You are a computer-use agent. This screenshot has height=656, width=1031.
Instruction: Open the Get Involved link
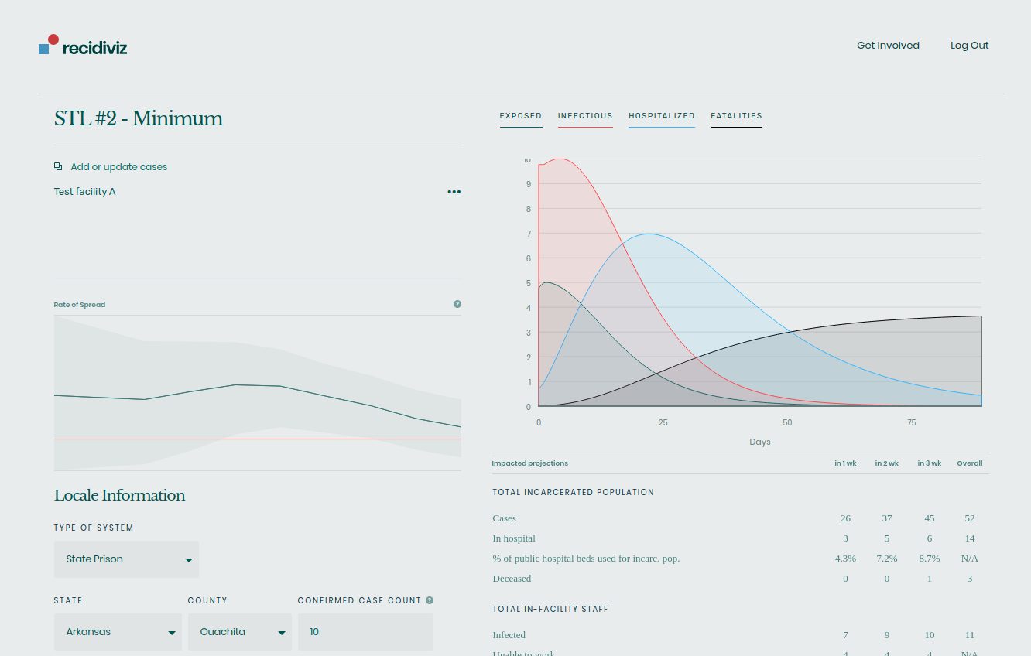click(x=888, y=46)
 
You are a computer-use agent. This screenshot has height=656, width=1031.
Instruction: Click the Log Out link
click(x=969, y=46)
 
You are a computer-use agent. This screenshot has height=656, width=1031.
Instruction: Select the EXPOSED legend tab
click(x=521, y=116)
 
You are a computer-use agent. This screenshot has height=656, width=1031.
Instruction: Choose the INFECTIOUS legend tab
click(x=585, y=116)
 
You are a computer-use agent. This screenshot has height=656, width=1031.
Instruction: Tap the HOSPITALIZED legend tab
click(x=662, y=116)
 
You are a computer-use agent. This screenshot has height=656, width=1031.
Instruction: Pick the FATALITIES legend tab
click(x=736, y=116)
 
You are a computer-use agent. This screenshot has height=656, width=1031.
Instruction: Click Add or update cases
click(x=118, y=167)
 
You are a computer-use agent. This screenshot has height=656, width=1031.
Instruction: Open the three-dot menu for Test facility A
click(x=454, y=192)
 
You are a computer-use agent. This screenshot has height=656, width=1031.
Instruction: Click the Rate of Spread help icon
click(x=457, y=304)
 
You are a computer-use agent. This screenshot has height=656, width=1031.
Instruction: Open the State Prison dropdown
click(x=126, y=559)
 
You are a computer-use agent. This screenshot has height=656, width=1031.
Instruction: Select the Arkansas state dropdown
click(x=118, y=632)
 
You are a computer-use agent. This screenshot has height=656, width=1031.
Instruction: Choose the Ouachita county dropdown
click(x=240, y=632)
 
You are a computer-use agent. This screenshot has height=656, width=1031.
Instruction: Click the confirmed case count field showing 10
click(x=365, y=632)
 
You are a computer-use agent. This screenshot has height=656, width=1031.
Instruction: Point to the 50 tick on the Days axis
click(x=787, y=423)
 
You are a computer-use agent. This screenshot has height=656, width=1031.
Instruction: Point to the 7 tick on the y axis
click(x=529, y=234)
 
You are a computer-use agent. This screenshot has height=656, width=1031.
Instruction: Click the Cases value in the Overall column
click(x=970, y=518)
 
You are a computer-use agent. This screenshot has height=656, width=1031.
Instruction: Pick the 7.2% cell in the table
click(x=887, y=559)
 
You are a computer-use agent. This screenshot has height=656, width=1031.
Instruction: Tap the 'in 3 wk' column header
click(x=930, y=463)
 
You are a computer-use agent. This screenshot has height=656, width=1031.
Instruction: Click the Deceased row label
click(x=512, y=579)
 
